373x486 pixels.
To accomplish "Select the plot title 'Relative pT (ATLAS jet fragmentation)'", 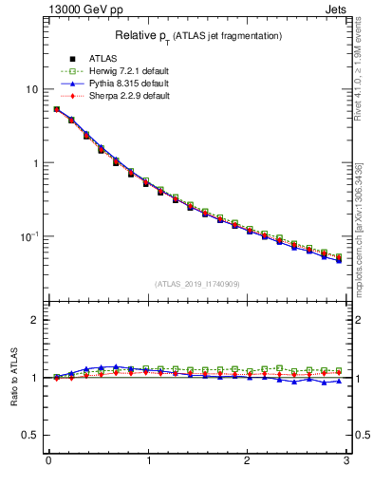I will coord(197,35).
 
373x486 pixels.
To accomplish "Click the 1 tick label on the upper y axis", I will coord(35,162).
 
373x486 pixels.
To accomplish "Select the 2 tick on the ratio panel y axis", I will coord(35,320).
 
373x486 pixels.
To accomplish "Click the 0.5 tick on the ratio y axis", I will coord(31,435).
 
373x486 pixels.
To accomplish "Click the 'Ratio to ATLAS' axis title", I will coord(12,378).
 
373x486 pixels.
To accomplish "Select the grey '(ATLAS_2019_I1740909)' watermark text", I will coord(197,283).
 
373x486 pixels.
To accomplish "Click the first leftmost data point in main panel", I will coord(57,109).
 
